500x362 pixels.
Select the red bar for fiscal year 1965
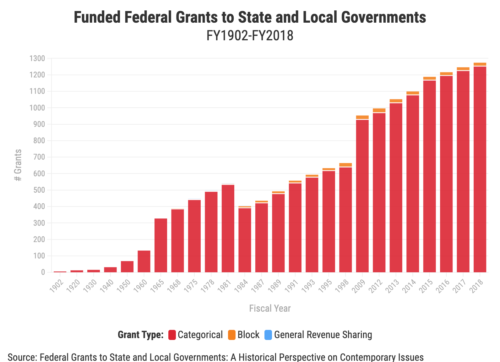(x=161, y=245)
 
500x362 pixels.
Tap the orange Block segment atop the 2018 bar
(x=480, y=64)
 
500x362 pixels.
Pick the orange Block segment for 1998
(x=345, y=165)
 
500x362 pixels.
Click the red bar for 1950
(x=127, y=267)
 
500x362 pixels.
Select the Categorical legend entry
(x=196, y=335)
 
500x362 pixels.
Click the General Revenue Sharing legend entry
(x=318, y=335)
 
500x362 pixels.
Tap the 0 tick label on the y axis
(x=43, y=272)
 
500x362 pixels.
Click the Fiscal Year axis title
(x=270, y=308)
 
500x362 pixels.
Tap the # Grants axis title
(x=18, y=165)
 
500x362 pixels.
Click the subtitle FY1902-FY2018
(x=250, y=36)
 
